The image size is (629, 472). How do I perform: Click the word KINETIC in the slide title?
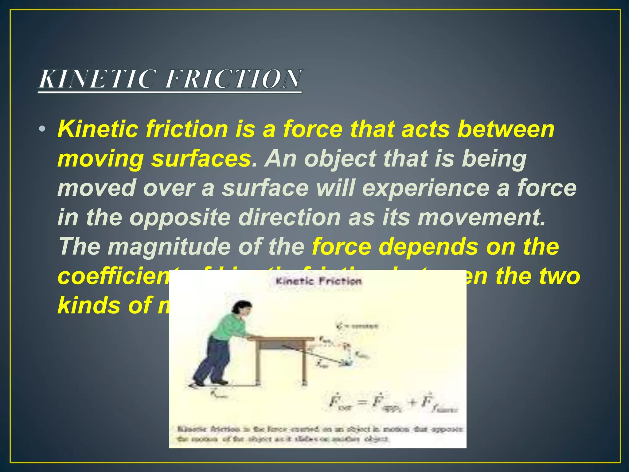point(97,79)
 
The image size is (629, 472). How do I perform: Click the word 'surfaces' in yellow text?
point(201,159)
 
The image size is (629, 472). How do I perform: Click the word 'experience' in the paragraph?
point(426,188)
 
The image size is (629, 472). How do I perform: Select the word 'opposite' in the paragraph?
point(180,218)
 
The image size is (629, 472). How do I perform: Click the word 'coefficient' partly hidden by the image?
point(114,276)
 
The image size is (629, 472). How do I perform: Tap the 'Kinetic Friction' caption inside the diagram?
point(318,281)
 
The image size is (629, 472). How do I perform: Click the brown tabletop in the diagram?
point(281,339)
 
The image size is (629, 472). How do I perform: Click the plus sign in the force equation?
point(413,402)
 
